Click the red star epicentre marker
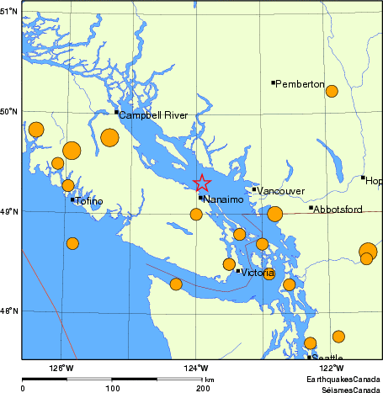202,183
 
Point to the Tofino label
88,201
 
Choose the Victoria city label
258,274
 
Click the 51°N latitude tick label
9,12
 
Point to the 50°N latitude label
9,111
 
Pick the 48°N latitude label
9,311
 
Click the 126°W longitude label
61,367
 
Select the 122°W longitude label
331,367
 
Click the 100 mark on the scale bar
112,388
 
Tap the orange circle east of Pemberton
332,91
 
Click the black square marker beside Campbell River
116,111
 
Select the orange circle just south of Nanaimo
196,215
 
